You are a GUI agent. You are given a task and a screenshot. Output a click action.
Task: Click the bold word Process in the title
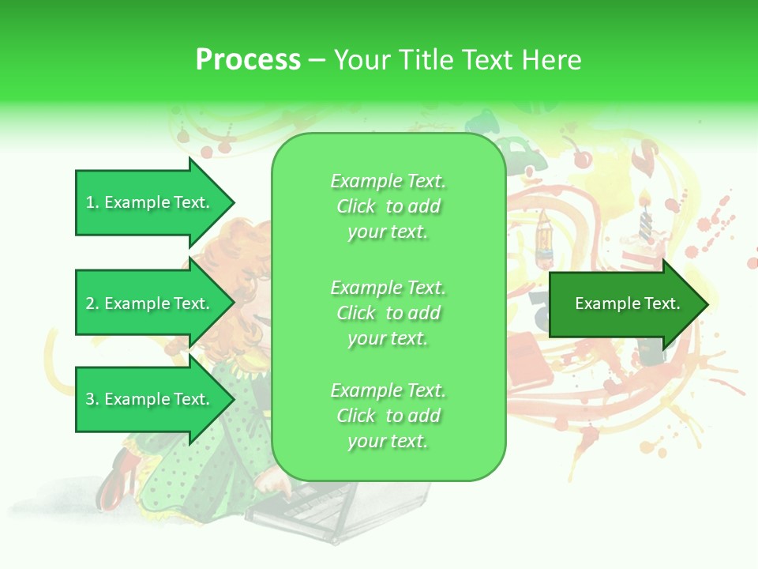248,60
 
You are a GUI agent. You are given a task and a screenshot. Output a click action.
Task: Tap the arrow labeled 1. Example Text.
150,202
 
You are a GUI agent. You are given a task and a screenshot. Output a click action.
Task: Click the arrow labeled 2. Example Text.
150,303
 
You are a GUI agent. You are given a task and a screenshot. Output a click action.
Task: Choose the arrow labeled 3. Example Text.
150,399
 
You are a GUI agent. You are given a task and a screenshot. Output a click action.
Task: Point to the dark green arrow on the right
628,303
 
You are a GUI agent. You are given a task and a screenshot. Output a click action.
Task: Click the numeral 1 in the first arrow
90,202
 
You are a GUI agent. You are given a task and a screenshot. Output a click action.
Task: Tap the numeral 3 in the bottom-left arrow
90,399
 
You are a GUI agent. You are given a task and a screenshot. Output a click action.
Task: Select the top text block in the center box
388,206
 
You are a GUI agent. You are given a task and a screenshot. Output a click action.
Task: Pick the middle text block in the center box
388,312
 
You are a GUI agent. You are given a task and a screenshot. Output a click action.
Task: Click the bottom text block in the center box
388,416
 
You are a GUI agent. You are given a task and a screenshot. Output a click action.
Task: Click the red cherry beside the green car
583,160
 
